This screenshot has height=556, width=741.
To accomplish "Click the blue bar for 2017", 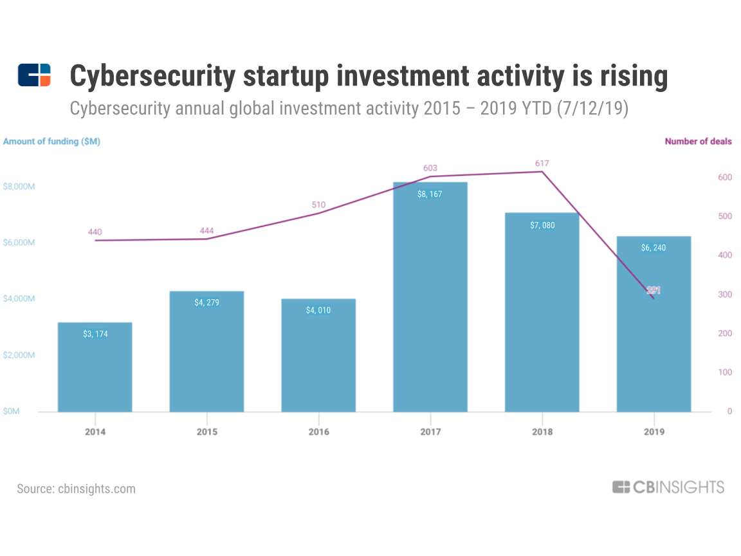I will (430, 297).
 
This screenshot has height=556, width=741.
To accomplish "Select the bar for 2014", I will (95, 367).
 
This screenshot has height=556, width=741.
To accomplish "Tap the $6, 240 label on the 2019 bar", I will (654, 248).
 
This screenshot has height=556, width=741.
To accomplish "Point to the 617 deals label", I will (541, 163).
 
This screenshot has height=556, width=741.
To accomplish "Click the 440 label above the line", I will (95, 232).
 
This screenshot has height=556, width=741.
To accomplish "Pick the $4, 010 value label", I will (318, 310).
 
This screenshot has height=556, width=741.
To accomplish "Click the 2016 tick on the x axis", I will (318, 432).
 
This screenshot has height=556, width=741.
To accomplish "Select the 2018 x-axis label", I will (542, 432).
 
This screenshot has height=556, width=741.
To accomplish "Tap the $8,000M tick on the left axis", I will (19, 187).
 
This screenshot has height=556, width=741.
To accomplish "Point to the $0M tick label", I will (12, 411).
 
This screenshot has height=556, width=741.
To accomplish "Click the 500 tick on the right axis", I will (724, 217).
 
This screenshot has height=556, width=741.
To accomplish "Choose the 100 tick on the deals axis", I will (724, 373).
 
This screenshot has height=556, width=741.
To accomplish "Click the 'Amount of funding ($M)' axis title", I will (51, 142).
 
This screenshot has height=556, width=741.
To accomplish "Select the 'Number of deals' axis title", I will (698, 142).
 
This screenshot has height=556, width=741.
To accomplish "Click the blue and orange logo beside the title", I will (34, 75).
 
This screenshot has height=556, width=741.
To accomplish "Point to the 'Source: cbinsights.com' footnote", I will (77, 488).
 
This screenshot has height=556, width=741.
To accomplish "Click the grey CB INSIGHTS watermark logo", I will (668, 487).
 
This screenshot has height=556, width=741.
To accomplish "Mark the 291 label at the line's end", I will (654, 291).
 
